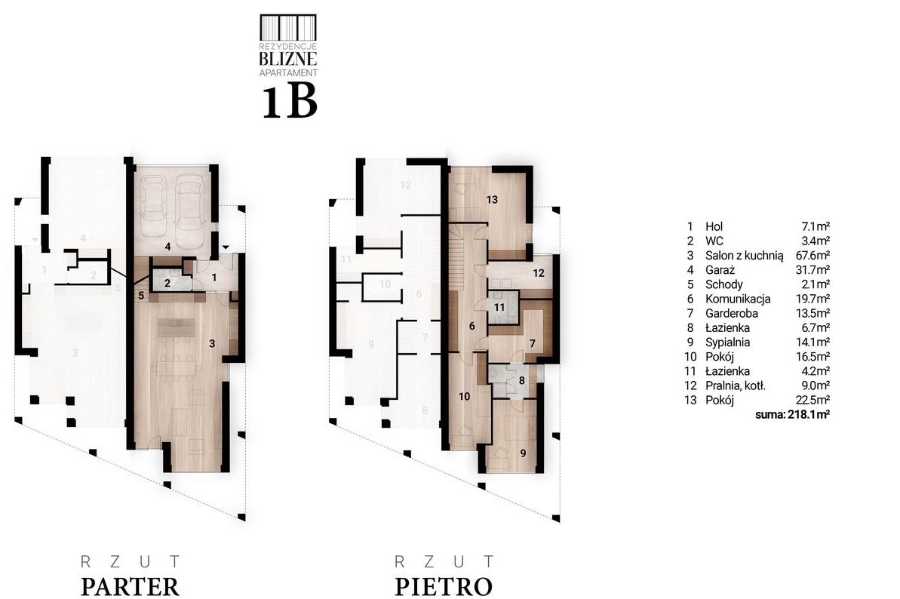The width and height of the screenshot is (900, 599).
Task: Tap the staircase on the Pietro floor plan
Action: pyautogui.click(x=458, y=259)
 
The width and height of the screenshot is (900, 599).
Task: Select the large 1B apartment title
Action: pyautogui.click(x=290, y=102)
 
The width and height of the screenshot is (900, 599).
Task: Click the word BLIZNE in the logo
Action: pyautogui.click(x=288, y=58)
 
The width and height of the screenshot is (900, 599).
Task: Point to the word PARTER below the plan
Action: pyautogui.click(x=131, y=587)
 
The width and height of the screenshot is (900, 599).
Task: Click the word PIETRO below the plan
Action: pyautogui.click(x=444, y=587)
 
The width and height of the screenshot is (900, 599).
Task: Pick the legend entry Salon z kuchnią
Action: pyautogui.click(x=744, y=255)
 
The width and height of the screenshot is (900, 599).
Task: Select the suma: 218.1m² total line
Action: pyautogui.click(x=793, y=414)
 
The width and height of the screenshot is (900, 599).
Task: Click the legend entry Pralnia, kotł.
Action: pyautogui.click(x=736, y=386)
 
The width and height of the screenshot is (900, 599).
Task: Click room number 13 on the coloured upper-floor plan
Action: pyautogui.click(x=492, y=200)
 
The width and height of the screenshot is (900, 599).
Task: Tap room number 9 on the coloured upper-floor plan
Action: pyautogui.click(x=523, y=453)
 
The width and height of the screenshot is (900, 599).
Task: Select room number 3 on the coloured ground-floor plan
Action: pyautogui.click(x=212, y=343)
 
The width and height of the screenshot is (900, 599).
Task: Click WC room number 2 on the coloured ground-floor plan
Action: pyautogui.click(x=167, y=283)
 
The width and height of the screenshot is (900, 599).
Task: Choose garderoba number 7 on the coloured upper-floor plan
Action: pyautogui.click(x=532, y=344)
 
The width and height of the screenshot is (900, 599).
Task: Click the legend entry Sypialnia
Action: pyautogui.click(x=727, y=342)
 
